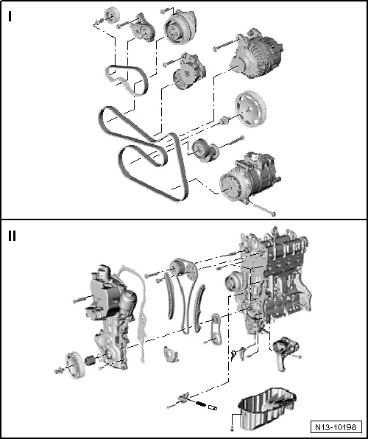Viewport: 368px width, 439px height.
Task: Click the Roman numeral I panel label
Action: click(x=10, y=17)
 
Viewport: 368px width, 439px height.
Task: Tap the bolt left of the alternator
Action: click(x=220, y=48)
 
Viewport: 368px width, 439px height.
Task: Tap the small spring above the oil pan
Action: click(x=198, y=402)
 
